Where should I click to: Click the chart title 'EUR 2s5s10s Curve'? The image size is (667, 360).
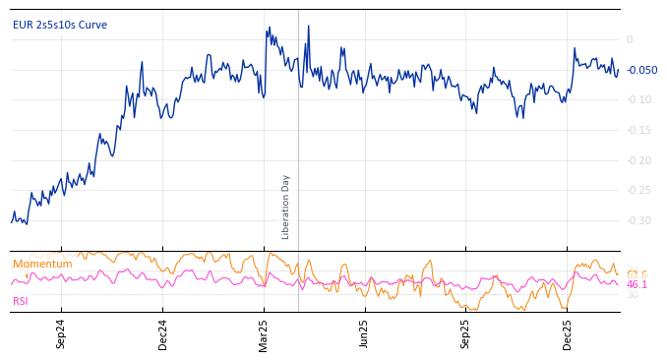(60, 26)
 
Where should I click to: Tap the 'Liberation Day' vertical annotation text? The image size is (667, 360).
(286, 207)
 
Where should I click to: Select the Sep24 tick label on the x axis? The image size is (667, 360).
(61, 333)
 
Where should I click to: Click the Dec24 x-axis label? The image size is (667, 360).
(162, 333)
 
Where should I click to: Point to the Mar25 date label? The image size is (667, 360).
(264, 333)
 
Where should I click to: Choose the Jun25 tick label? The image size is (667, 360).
(364, 333)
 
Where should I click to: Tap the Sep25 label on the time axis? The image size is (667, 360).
(465, 333)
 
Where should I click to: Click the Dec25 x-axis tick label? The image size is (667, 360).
(567, 333)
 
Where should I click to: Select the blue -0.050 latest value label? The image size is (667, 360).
(641, 71)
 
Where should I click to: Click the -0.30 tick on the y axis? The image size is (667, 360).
(638, 220)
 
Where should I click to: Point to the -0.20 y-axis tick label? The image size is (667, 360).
(638, 160)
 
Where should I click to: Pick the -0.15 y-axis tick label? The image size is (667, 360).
(638, 131)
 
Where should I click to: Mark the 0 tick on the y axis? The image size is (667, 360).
(630, 40)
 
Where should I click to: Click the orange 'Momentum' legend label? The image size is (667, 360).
(42, 265)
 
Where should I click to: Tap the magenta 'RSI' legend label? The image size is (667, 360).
(21, 301)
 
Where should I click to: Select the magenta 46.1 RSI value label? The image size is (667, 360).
(637, 284)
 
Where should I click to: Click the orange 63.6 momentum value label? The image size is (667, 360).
(637, 274)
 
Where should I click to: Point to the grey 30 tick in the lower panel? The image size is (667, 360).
(633, 294)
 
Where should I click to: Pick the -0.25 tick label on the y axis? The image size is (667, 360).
(638, 191)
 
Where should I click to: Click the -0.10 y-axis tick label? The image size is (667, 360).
(638, 100)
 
